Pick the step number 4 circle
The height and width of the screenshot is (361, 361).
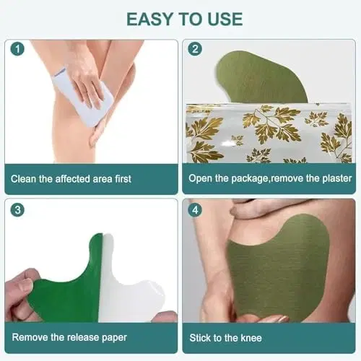(x=194, y=212)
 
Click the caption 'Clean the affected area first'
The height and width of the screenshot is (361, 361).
(x=71, y=178)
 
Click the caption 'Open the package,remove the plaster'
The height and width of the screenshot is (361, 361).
(x=270, y=178)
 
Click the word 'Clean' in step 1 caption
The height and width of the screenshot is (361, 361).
(x=24, y=178)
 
